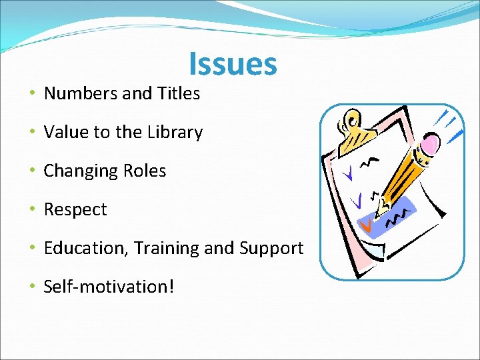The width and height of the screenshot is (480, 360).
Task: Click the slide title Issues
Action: (233, 64)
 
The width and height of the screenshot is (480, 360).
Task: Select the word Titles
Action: (179, 94)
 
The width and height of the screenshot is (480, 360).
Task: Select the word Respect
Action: (75, 210)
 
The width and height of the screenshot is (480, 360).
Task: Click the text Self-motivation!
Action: (109, 287)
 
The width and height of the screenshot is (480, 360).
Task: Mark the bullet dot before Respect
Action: (33, 209)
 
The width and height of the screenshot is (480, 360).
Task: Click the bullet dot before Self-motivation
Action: (33, 287)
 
